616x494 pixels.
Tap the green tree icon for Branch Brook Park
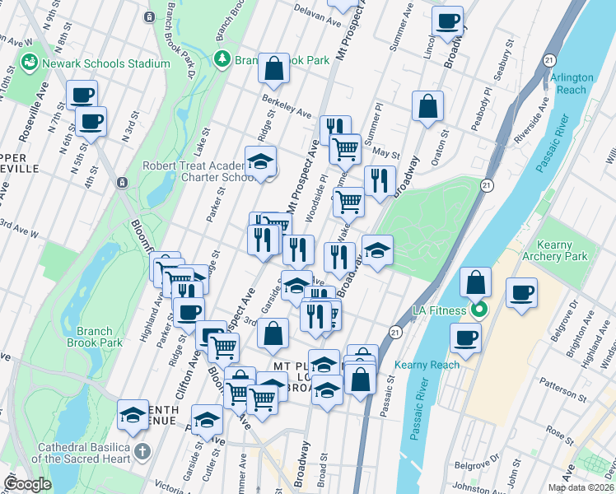pyautogui.click(x=222, y=59)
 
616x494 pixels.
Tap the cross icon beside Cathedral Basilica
pyautogui.click(x=142, y=450)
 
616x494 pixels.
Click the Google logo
pyautogui.click(x=28, y=484)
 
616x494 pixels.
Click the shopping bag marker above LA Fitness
pyautogui.click(x=477, y=282)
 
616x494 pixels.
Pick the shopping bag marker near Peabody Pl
pyautogui.click(x=427, y=106)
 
